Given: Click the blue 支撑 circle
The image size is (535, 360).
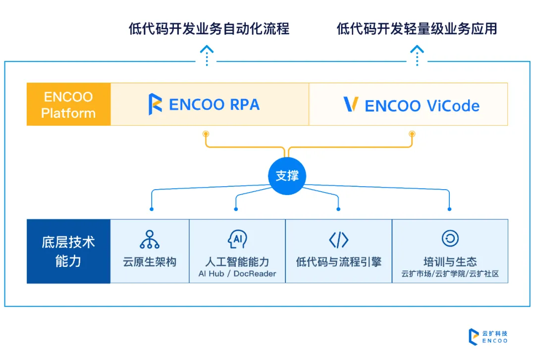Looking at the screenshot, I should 287,176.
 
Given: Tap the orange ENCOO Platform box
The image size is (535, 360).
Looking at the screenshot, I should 68,104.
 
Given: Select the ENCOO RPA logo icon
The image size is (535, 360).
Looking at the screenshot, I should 155,104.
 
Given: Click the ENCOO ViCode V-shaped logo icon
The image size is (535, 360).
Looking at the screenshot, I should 351,104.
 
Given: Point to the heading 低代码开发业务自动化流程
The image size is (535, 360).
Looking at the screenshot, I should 209,29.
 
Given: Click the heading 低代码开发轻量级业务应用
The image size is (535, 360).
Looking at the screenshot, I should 417,29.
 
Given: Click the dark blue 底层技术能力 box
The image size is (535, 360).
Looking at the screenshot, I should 68,252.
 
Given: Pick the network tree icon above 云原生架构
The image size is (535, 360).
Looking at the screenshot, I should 150,240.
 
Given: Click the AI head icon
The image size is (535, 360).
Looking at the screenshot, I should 237,240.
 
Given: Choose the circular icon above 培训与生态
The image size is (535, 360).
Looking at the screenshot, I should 450,239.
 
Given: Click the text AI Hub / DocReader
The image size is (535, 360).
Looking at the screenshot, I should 237,274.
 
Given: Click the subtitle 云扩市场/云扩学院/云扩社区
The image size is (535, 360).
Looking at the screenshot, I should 450,274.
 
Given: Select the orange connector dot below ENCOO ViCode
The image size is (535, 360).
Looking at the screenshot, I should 412,134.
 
